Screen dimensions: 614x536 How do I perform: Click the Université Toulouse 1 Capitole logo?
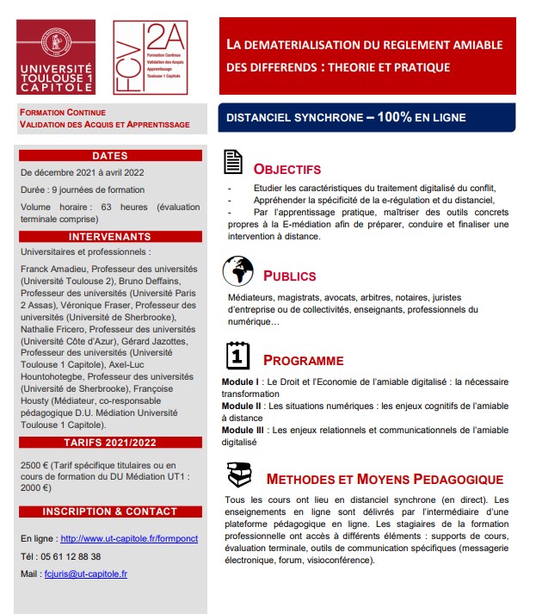pos(57,56)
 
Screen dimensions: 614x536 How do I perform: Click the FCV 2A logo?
pos(151,56)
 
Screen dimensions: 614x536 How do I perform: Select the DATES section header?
pos(109,156)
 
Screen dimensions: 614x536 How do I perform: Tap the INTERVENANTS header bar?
pos(109,236)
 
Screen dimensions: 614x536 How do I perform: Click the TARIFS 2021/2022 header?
pos(109,443)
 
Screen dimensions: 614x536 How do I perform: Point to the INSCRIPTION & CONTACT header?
pos(109,512)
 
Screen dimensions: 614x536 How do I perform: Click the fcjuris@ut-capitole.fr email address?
pos(85,574)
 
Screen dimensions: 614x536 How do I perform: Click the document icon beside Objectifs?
pos(232,162)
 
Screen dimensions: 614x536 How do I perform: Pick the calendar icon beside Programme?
pos(237,355)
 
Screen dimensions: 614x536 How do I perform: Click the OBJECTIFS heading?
pos(287,169)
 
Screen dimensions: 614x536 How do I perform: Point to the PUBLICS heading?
pos(289,276)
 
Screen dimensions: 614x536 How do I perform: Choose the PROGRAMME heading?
pos(303,361)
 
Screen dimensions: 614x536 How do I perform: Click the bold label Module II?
pos(242,406)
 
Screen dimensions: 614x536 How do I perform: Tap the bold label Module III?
pos(243,429)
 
